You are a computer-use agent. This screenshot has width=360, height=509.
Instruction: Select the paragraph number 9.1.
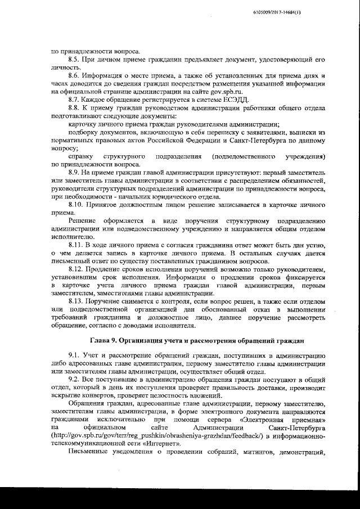click(x=73, y=357)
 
